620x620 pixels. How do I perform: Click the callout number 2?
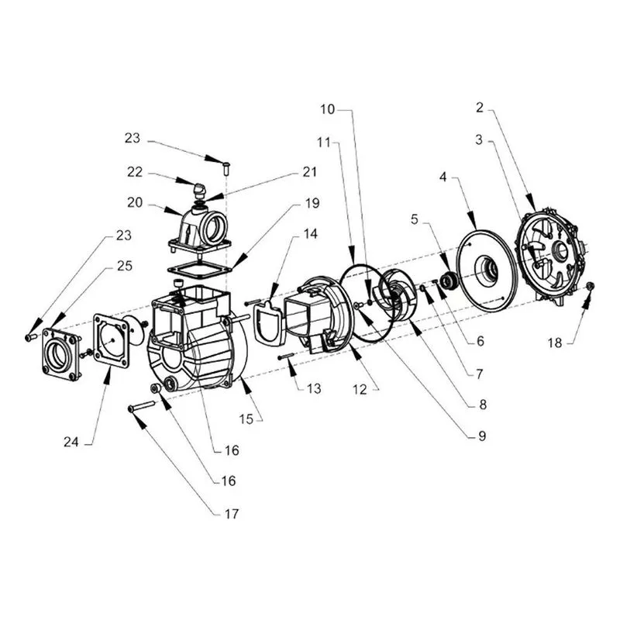point(480,108)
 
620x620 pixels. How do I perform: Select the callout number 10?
point(327,109)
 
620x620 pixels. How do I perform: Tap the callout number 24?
point(71,442)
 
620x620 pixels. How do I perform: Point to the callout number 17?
point(232,514)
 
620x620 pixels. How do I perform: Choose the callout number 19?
point(312,203)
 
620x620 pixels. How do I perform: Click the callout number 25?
point(124,266)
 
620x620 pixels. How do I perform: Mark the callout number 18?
point(555,343)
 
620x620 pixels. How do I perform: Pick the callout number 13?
point(314,389)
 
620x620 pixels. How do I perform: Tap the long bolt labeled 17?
point(141,406)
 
